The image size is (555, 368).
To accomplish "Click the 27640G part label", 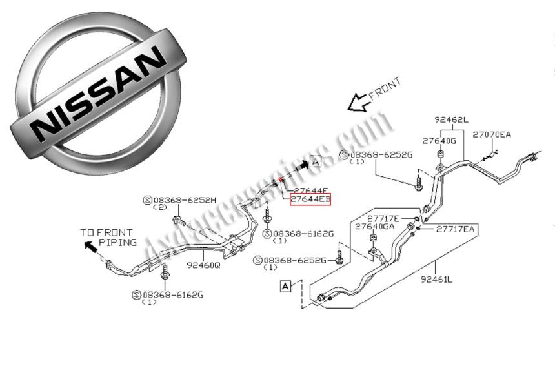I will tap(439, 140).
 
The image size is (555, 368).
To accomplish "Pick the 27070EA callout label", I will tap(492, 134).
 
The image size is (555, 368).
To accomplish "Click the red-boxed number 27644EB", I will tap(310, 200).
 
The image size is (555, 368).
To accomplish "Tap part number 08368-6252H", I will tap(176, 201).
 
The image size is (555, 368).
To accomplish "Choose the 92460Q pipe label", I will tap(203, 265).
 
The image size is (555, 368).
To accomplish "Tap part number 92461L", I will tap(437, 280).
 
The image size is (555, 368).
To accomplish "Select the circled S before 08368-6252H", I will tap(147, 201).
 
